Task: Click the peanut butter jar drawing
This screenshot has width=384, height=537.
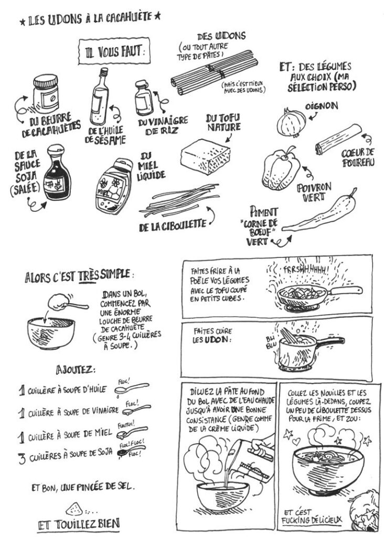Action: tap(46, 94)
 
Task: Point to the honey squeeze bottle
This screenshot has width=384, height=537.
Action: tap(114, 186)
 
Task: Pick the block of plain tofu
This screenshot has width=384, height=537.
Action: tap(206, 156)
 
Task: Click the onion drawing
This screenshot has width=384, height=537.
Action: tap(291, 123)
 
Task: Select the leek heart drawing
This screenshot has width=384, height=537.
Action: tap(338, 139)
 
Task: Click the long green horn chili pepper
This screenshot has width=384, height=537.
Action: tap(318, 212)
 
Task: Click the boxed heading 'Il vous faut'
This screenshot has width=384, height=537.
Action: tap(114, 51)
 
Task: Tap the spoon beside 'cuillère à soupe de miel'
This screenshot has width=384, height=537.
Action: tap(132, 432)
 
